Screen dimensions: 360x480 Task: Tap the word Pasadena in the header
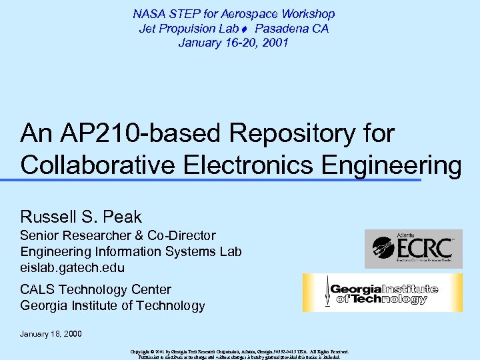(x=282, y=29)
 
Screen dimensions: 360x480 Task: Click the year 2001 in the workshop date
(x=275, y=43)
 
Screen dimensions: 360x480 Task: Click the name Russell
(x=47, y=217)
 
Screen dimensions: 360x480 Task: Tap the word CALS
(x=38, y=290)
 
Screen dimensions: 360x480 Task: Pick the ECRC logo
(x=413, y=249)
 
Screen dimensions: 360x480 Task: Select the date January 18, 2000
(x=51, y=333)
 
